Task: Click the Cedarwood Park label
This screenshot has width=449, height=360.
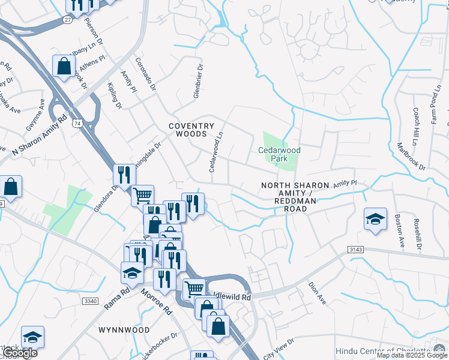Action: coord(279,155)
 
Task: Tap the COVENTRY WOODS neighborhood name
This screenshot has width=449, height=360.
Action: coord(191,130)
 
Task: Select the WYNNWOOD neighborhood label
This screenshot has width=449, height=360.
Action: coord(125,330)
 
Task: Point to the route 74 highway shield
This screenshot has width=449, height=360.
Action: coord(77,122)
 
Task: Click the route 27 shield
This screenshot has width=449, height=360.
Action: coord(67,19)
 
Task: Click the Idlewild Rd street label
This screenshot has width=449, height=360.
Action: coord(231,296)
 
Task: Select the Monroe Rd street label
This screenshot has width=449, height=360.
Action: coord(157,302)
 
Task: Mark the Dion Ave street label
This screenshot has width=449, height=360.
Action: coord(316,293)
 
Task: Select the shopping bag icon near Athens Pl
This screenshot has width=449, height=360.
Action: coord(64,67)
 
